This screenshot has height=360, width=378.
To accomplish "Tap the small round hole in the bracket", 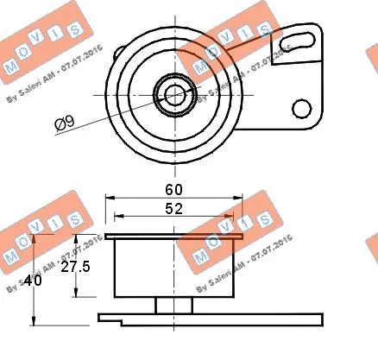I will (x=300, y=108).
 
